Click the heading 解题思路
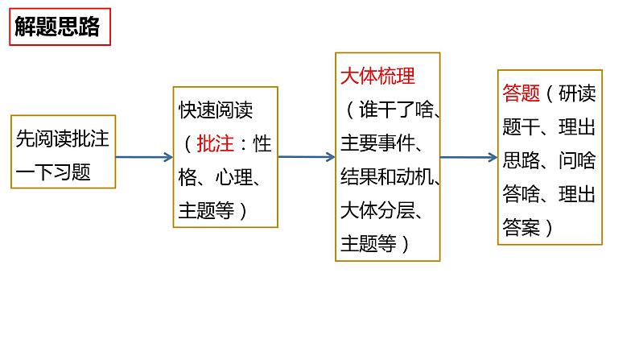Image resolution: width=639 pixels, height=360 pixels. [57, 28]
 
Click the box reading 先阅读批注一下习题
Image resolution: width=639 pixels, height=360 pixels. [64, 153]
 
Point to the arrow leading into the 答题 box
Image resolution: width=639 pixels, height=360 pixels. [468, 158]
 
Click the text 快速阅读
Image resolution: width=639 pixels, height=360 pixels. [216, 110]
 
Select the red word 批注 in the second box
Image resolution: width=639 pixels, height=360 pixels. [215, 143]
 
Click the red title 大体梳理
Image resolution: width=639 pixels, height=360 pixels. [377, 77]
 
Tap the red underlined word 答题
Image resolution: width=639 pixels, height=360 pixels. [520, 93]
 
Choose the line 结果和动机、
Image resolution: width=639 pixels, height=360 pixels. [390, 177]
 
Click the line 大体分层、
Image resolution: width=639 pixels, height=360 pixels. [382, 210]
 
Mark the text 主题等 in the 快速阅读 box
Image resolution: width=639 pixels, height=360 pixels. [206, 210]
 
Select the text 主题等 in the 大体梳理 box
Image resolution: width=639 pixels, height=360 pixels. [369, 243]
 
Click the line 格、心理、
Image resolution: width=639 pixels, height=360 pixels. [219, 177]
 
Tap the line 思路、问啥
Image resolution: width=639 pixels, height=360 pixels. [548, 159]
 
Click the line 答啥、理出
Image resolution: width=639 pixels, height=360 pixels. [548, 193]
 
